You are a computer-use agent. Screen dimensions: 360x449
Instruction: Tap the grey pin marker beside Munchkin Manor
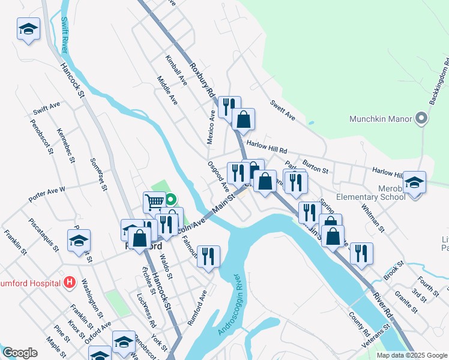421,118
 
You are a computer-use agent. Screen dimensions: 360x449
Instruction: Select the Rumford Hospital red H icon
70,281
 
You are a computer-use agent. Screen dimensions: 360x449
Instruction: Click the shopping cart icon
155,202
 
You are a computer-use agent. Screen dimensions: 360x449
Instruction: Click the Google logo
20,353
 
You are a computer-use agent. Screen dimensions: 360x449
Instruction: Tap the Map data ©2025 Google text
412,355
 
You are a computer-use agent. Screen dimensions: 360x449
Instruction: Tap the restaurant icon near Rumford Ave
208,256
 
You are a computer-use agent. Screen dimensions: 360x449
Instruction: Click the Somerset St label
98,174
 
